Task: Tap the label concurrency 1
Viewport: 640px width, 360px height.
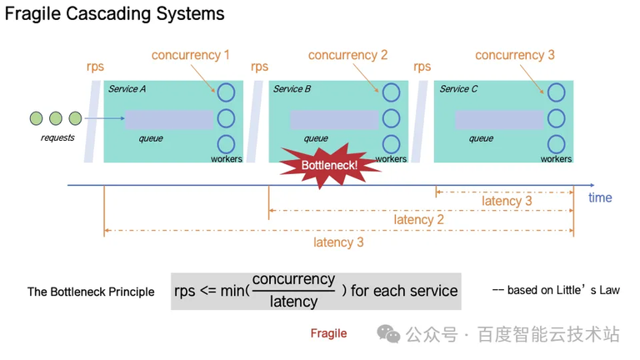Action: pos(190,55)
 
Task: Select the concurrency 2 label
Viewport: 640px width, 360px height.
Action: pos(347,55)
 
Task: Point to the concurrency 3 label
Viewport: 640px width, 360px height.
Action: pos(514,55)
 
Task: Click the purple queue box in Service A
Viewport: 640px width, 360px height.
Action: pos(168,119)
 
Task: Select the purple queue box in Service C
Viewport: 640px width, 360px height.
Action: pos(499,119)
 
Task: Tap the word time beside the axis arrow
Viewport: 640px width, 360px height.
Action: pos(600,197)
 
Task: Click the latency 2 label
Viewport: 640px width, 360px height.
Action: pos(419,220)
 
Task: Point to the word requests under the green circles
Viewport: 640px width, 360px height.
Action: pos(57,137)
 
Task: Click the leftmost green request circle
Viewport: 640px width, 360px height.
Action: pos(36,118)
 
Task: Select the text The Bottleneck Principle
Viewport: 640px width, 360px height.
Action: pos(91,292)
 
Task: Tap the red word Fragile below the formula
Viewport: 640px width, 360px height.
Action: pos(328,333)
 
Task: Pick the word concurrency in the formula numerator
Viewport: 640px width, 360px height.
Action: pos(293,280)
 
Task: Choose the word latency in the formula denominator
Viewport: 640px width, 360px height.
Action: pos(293,301)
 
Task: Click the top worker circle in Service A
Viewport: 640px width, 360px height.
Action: pos(226,92)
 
